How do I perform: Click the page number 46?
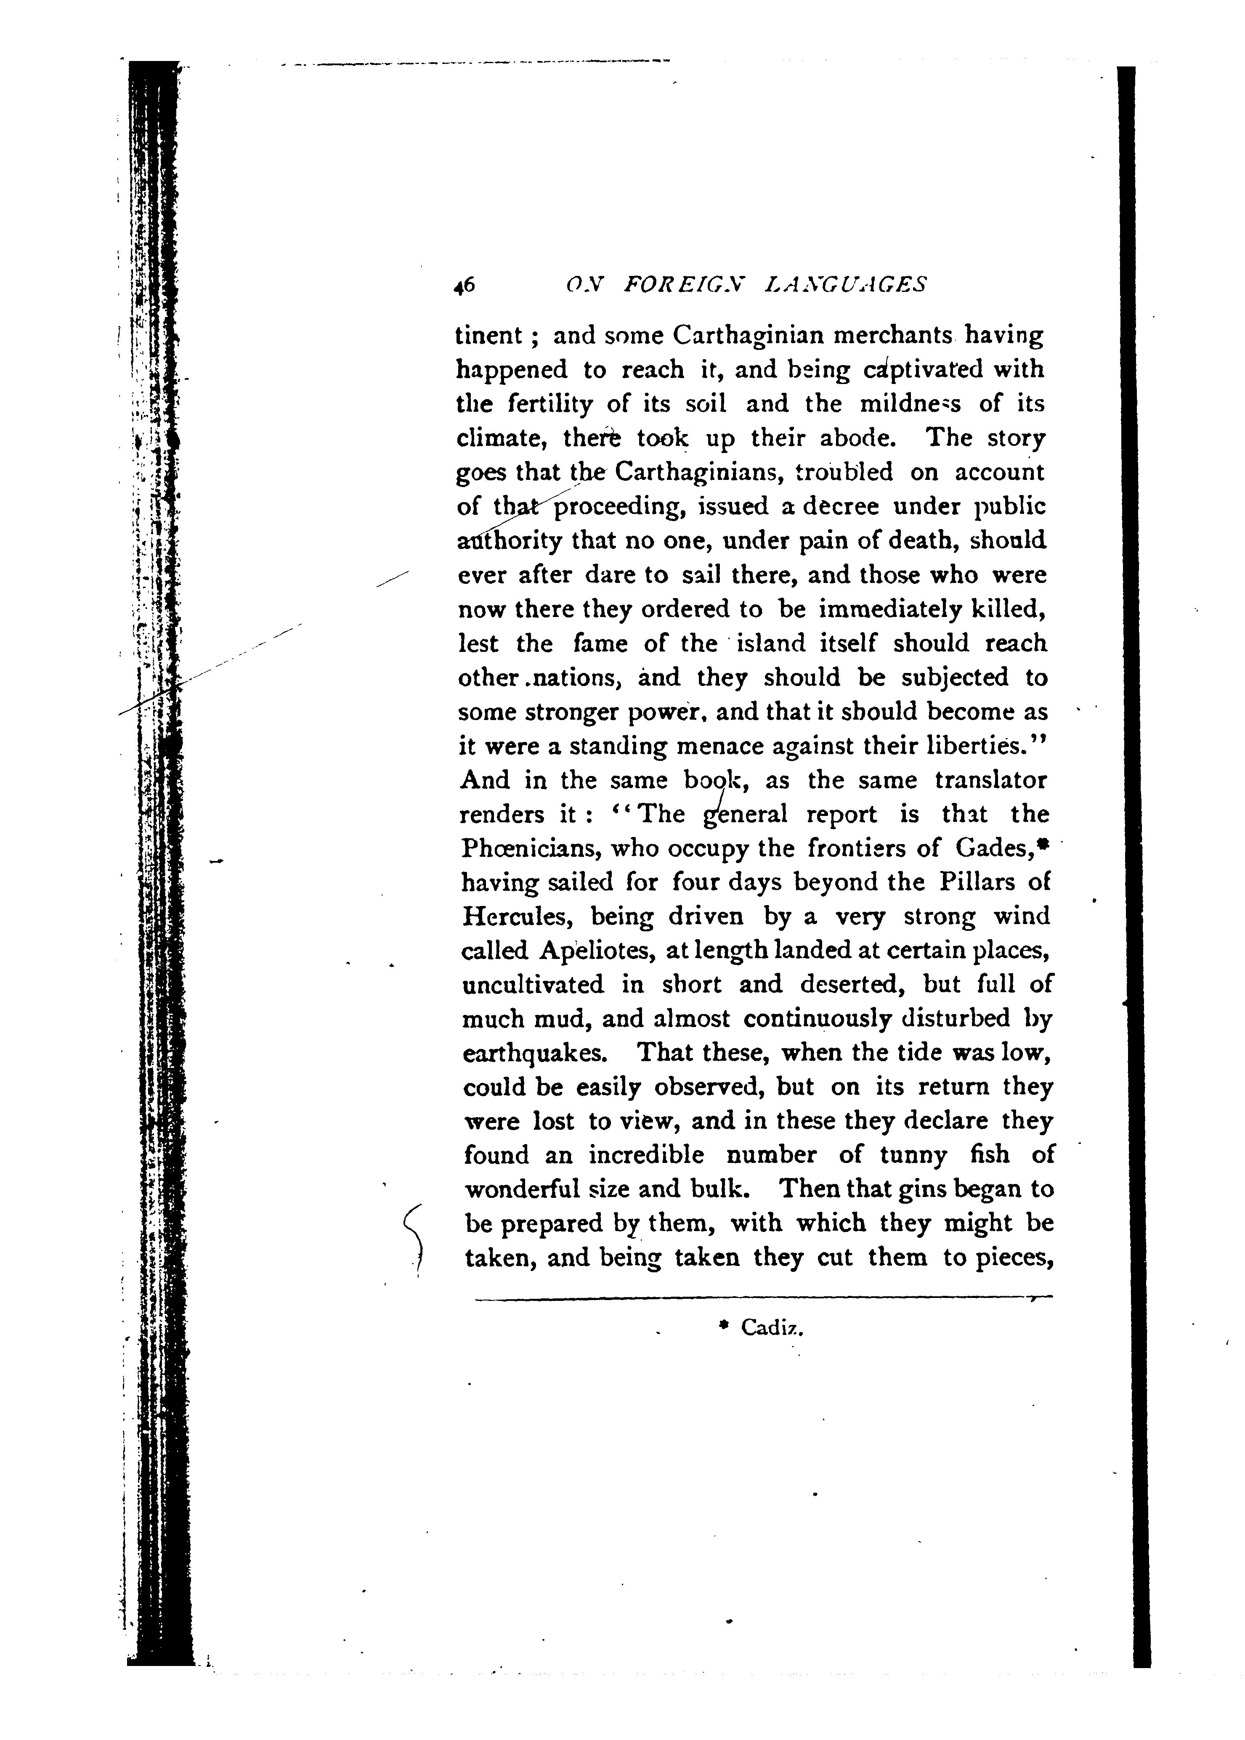(x=465, y=285)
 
